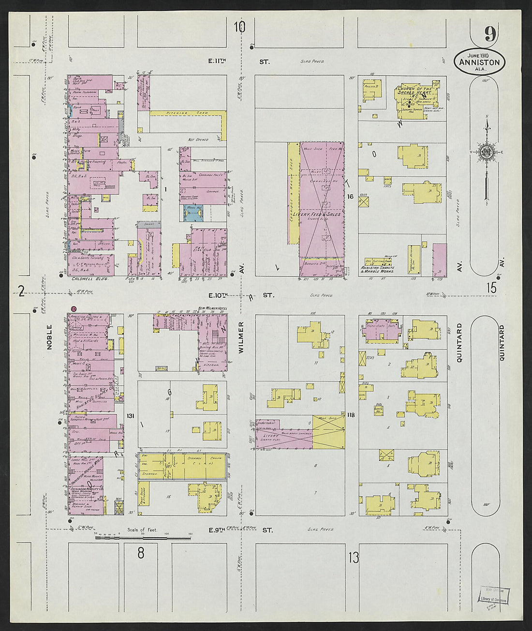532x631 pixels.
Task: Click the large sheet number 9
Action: (489, 34)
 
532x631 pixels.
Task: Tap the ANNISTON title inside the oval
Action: (480, 62)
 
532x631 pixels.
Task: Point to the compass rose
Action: (486, 152)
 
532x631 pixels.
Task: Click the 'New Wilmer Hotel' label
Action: (208, 308)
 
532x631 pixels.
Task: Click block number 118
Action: (351, 415)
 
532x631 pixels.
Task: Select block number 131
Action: (129, 416)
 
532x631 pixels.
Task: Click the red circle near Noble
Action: (74, 308)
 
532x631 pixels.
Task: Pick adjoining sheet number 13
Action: (354, 558)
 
